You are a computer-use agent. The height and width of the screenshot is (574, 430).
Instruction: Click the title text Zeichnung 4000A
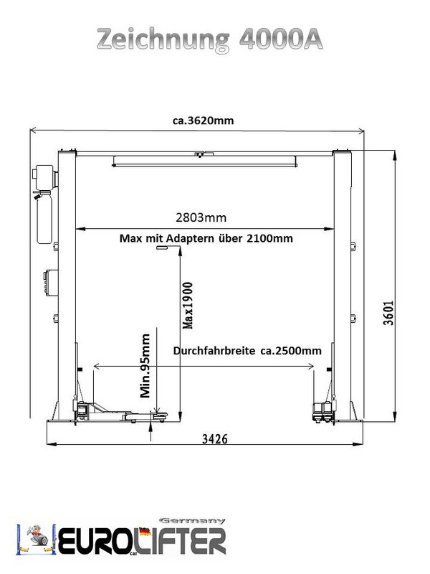[x=210, y=39]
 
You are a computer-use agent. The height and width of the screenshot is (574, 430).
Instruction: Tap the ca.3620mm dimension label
[x=204, y=121]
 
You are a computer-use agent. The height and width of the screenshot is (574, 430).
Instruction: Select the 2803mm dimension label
[x=201, y=217]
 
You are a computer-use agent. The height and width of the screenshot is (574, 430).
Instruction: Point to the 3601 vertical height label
[x=388, y=313]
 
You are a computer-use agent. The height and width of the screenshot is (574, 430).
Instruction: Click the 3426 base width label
[x=215, y=438]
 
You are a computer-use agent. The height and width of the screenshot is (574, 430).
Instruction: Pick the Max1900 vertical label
[x=188, y=306]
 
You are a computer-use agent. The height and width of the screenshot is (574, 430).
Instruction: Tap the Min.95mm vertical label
[x=145, y=365]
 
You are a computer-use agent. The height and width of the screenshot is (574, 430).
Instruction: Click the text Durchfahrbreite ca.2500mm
[x=247, y=351]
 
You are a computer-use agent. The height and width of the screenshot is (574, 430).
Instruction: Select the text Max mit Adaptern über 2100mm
[x=206, y=238]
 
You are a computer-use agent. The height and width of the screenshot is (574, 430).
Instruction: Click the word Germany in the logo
[x=192, y=521]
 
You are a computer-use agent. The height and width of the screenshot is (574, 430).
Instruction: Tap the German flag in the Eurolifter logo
[x=145, y=531]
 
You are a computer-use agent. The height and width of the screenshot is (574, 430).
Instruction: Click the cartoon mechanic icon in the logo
[x=37, y=537]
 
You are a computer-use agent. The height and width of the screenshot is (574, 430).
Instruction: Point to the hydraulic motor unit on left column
[x=45, y=177]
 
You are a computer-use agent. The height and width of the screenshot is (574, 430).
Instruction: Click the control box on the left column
[x=51, y=281]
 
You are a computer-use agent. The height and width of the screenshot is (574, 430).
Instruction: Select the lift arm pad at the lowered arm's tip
[x=160, y=415]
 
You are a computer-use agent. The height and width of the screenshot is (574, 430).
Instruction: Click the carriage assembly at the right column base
[x=325, y=411]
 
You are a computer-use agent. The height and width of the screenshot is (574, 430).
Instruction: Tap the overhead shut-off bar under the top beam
[x=204, y=161]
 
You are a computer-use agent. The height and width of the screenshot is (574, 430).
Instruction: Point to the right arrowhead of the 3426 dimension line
[x=357, y=444]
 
